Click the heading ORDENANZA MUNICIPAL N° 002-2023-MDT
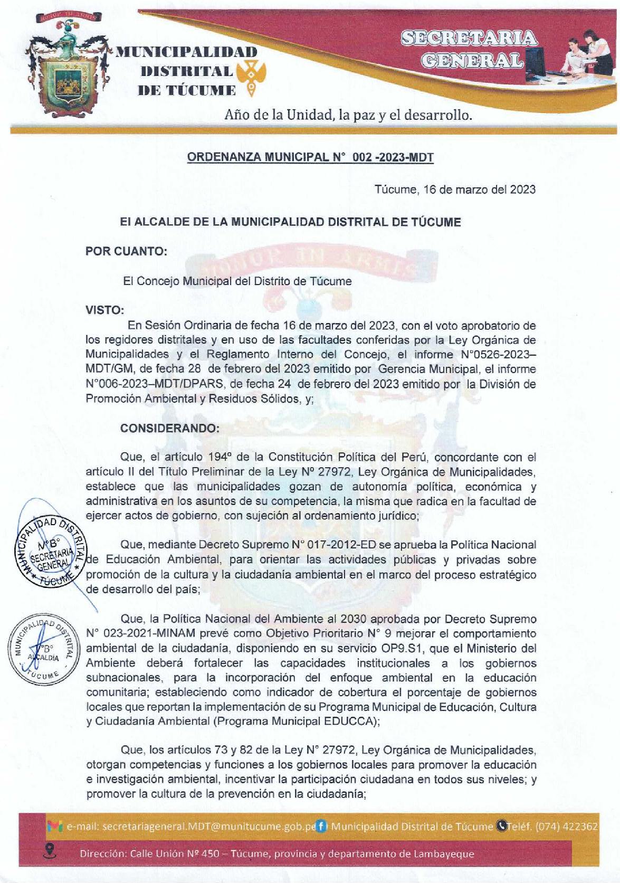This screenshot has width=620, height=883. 310,157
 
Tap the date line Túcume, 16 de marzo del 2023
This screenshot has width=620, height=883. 455,189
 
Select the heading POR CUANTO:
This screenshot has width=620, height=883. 126,251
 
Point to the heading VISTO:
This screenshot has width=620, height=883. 104,310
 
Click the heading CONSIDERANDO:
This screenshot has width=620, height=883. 169,428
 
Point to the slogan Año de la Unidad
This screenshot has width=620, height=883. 348,115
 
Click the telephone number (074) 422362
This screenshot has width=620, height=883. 567,826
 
